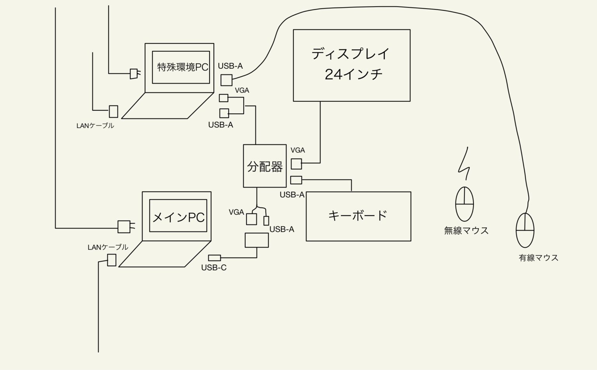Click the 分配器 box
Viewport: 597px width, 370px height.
265,166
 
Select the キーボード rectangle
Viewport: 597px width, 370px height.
358,216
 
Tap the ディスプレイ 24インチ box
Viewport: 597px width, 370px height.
351,65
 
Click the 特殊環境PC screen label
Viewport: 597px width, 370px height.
183,67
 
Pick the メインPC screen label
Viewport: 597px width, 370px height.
178,217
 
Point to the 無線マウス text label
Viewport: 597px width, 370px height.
466,231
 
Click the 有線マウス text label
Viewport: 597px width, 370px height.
538,258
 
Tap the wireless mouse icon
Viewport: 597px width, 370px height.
464,204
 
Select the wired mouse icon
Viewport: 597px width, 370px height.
525,230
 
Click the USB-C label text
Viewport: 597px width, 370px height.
214,268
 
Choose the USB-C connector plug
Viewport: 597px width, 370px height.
215,257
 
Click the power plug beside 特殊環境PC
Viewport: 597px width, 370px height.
134,73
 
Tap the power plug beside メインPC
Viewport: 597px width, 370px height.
125,226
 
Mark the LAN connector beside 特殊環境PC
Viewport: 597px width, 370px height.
113,111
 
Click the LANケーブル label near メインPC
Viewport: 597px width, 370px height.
108,247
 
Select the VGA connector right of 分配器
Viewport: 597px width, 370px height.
296,164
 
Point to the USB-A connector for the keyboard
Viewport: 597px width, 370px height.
296,180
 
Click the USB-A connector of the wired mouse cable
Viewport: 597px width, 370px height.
226,80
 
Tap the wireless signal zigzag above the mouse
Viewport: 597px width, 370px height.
465,164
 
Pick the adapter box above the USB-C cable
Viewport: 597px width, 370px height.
257,240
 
